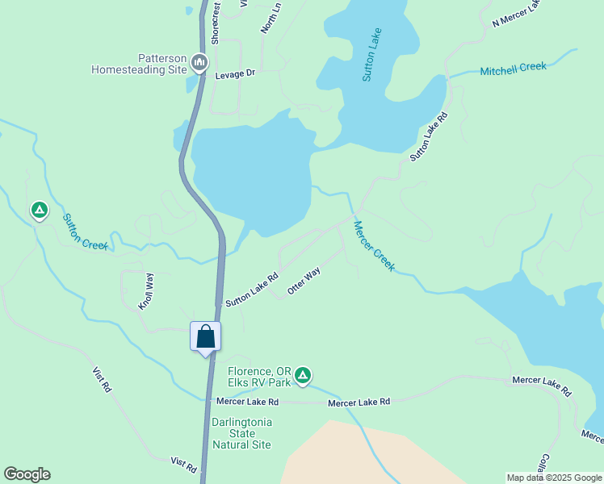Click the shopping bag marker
(205, 336)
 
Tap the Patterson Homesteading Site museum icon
(199, 62)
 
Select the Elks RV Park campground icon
(303, 374)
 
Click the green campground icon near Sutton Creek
(39, 211)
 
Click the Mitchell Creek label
(513, 69)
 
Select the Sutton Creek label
(86, 232)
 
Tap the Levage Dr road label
(235, 73)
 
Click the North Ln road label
(271, 17)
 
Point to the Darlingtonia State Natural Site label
(241, 433)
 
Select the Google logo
(27, 474)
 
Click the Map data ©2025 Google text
(554, 478)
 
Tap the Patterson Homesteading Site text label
(139, 64)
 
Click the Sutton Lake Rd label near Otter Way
(252, 289)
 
